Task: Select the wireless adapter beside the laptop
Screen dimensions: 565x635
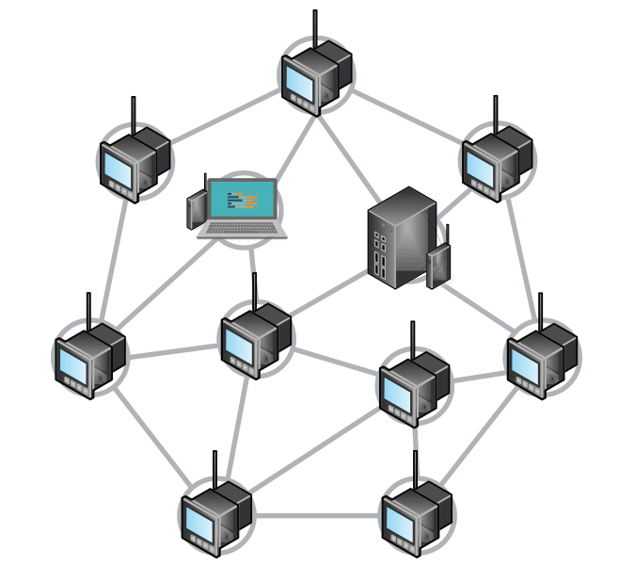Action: click(197, 209)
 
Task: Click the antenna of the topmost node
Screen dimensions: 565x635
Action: click(314, 28)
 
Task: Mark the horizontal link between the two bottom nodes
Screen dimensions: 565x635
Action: click(317, 515)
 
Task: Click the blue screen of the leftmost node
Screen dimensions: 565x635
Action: click(72, 363)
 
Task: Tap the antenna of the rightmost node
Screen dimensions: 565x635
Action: click(539, 311)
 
